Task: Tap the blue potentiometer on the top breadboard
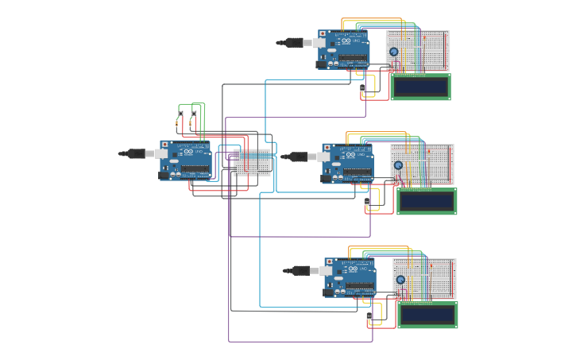pos(394,52)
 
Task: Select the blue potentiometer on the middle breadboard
pos(398,165)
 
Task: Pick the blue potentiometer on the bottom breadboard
pos(400,279)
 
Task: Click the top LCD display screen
pos(420,87)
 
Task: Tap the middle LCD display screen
pos(427,202)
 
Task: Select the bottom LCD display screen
pos(427,315)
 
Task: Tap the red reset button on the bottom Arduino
pos(330,261)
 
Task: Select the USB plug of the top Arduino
pos(295,42)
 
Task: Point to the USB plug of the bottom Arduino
pos(301,270)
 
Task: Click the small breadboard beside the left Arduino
pos(252,161)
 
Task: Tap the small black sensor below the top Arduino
pos(363,88)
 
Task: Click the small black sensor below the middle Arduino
pos(367,203)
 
